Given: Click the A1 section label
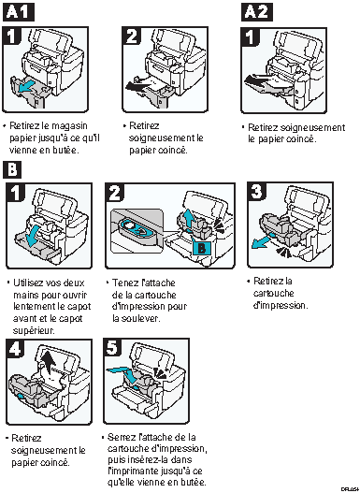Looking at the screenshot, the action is point(18,12).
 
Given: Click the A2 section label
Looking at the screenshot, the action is point(257,12).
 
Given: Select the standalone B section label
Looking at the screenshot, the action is point(12,169).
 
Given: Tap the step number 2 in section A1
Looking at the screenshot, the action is point(132,36).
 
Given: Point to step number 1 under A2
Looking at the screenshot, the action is point(251,37).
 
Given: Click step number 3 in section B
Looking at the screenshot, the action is point(256,191).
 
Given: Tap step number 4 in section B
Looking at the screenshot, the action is point(15,348).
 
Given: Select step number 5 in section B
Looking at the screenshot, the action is point(113,348).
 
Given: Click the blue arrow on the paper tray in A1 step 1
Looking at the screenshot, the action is point(25,87).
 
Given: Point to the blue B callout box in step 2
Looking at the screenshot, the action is point(202,249).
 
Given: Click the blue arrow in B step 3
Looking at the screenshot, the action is point(261,241).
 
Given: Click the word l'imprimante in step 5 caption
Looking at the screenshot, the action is point(134,471).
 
